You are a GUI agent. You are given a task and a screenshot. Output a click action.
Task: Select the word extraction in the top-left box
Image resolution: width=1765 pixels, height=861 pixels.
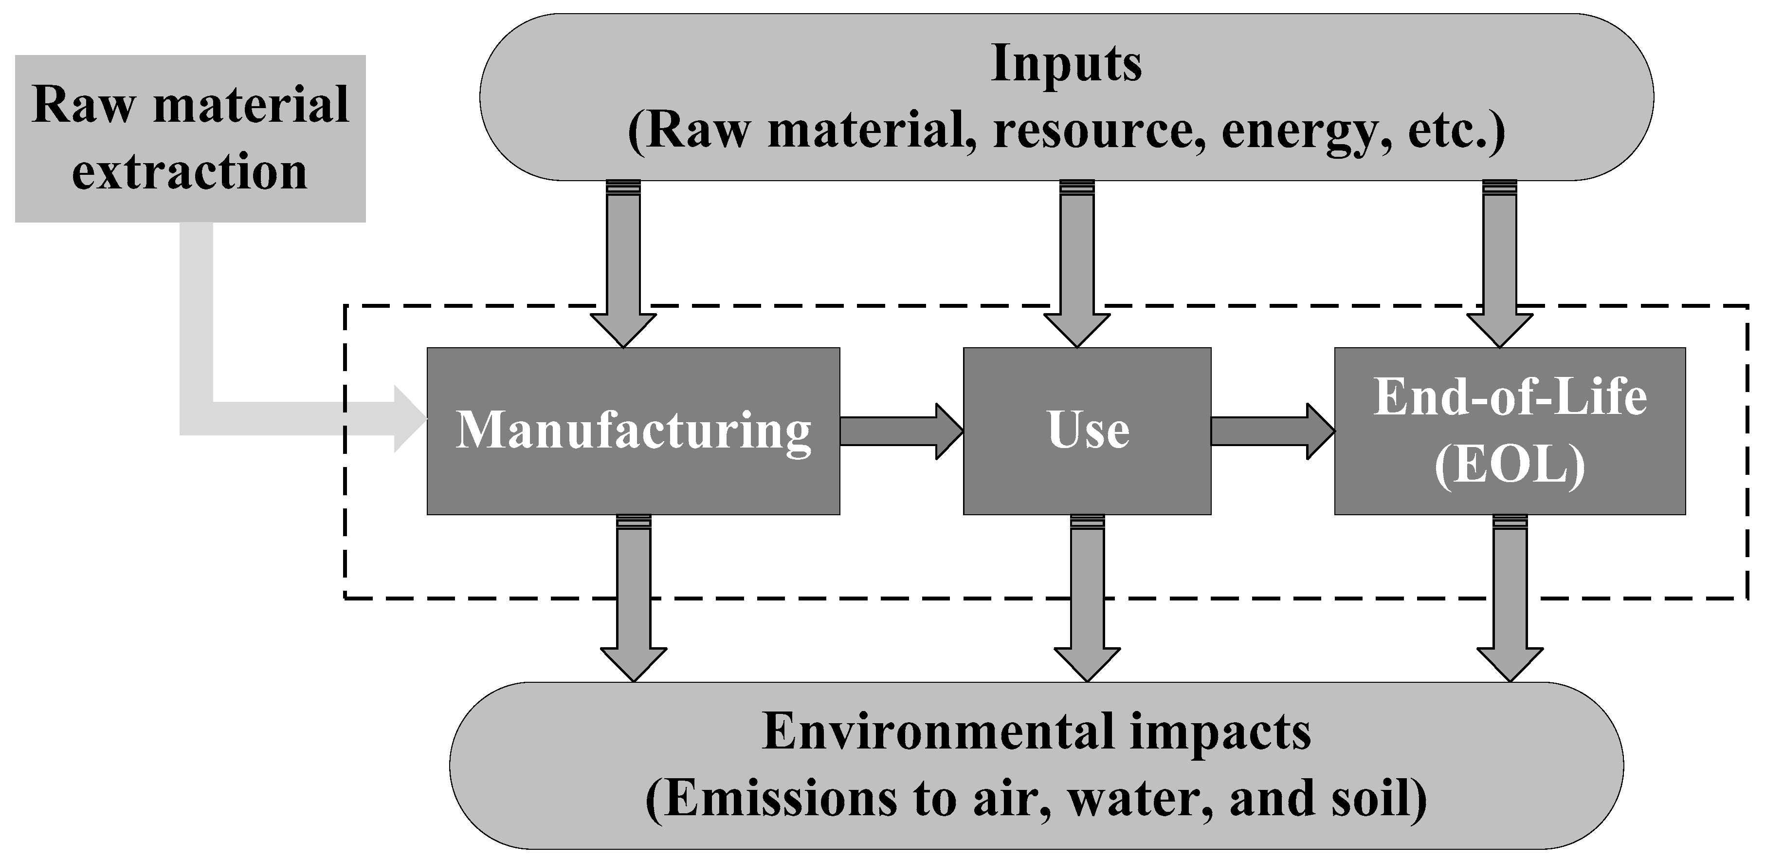190,172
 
